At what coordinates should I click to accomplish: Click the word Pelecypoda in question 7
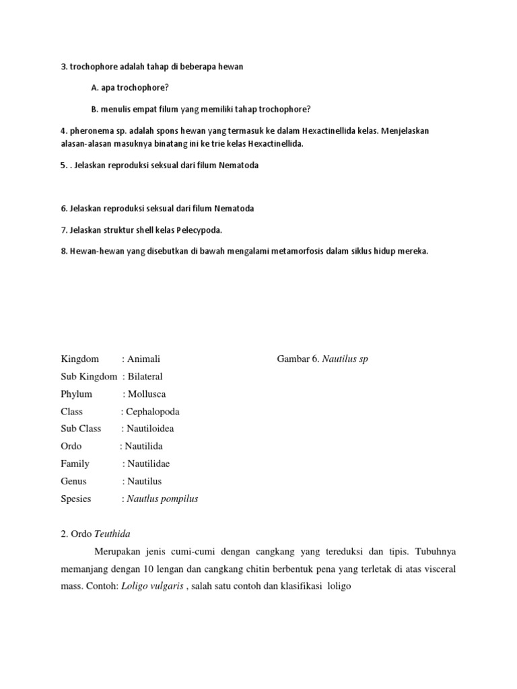click(x=199, y=230)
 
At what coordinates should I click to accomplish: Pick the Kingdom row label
click(x=79, y=359)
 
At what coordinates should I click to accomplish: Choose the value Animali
click(x=144, y=359)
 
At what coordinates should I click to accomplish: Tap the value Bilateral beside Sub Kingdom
click(x=145, y=377)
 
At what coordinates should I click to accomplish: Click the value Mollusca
click(x=147, y=394)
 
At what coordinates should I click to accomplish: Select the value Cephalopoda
click(x=153, y=412)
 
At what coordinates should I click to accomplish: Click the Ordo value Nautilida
click(x=143, y=447)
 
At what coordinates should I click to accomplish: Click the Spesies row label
click(x=75, y=499)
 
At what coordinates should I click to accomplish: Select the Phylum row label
click(x=76, y=394)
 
